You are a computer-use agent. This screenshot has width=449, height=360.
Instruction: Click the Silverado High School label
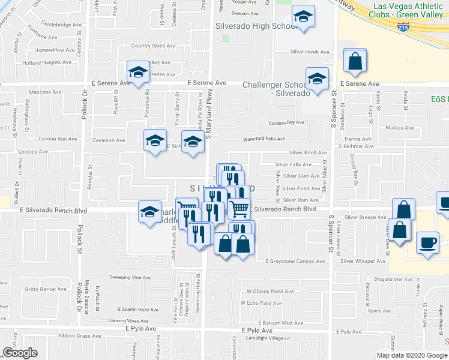256,27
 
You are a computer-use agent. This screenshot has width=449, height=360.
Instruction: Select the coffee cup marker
427,244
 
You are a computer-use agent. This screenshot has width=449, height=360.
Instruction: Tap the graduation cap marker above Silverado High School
303,19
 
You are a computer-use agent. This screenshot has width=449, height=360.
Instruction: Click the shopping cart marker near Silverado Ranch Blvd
239,209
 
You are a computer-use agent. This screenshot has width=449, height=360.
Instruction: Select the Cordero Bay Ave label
286,122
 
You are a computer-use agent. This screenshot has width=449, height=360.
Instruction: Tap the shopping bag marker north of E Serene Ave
355,62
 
